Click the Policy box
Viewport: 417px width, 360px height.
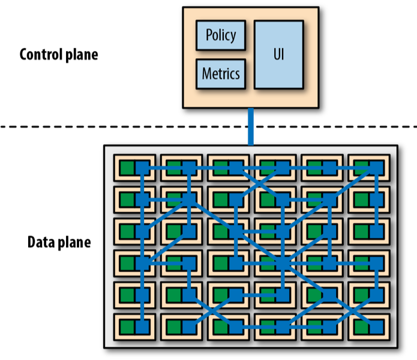pyautogui.click(x=221, y=35)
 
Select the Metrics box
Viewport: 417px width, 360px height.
pyautogui.click(x=221, y=74)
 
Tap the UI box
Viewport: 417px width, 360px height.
pyautogui.click(x=278, y=55)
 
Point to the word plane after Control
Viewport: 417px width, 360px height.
pyautogui.click(x=81, y=55)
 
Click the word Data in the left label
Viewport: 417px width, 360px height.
pyautogui.click(x=41, y=243)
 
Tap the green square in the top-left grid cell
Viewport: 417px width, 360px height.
pyautogui.click(x=127, y=167)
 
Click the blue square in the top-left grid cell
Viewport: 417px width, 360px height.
pyautogui.click(x=142, y=167)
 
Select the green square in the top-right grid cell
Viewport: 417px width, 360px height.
pyautogui.click(x=361, y=167)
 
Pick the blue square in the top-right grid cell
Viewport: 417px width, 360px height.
pyautogui.click(x=376, y=167)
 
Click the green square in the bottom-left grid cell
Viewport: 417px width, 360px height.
pyautogui.click(x=127, y=326)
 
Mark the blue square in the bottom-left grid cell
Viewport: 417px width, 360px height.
pyautogui.click(x=142, y=326)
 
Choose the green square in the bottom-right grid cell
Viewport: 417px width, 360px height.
pyautogui.click(x=361, y=326)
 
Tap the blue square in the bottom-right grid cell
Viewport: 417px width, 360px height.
pyautogui.click(x=376, y=326)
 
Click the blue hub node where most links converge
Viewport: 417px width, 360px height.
pyautogui.click(x=283, y=263)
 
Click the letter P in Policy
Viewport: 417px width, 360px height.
pyautogui.click(x=209, y=35)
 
